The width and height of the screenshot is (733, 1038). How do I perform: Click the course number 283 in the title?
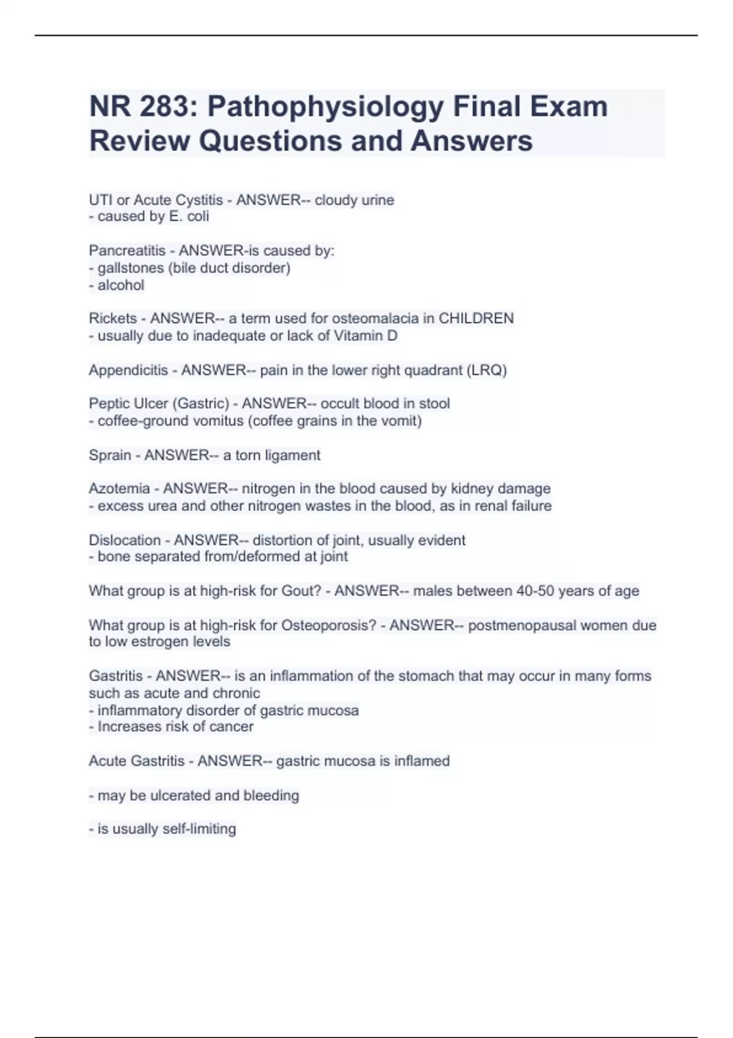pos(164,107)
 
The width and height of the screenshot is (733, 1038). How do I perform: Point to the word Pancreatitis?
pos(127,251)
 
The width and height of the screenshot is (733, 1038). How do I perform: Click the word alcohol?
pos(121,285)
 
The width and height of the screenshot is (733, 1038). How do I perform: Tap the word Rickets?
pos(113,319)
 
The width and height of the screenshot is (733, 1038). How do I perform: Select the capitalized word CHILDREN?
pos(476,319)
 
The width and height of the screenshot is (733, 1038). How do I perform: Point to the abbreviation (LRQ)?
pos(486,371)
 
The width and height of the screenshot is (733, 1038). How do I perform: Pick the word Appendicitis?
pos(128,371)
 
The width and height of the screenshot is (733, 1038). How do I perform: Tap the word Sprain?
pos(110,455)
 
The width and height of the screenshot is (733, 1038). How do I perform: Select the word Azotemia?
pos(119,489)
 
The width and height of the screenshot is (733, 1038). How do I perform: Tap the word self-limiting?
pos(199,829)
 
